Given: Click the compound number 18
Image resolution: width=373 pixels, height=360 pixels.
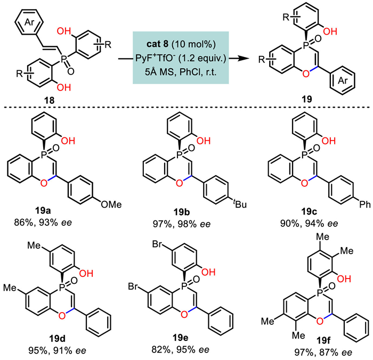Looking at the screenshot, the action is click(x=49, y=101).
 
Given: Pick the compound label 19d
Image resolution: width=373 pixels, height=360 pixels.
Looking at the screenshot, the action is click(x=57, y=338).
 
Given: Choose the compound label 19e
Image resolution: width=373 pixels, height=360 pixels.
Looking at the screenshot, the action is click(x=180, y=338).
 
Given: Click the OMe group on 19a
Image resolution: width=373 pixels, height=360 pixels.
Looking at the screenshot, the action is click(x=111, y=204).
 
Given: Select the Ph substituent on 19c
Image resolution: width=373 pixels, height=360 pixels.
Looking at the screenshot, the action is click(x=364, y=204).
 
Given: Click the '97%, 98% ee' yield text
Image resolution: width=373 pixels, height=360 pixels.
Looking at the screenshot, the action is click(x=182, y=224).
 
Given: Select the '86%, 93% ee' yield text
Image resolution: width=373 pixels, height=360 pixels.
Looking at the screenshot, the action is click(x=43, y=223).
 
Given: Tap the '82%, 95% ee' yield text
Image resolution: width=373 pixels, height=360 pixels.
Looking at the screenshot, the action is click(x=181, y=349).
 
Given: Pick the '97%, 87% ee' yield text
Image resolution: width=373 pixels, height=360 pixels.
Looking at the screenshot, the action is click(x=323, y=353).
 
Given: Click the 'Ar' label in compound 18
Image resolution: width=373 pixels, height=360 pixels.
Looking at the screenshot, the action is click(x=29, y=22).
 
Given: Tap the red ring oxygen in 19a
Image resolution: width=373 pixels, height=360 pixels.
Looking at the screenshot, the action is click(x=44, y=183).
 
